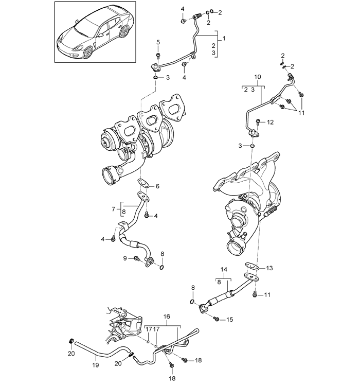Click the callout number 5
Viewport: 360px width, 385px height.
158,42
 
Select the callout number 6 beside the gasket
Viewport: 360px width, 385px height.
157,186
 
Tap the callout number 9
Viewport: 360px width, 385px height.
125,258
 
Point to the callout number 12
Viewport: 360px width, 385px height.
270,122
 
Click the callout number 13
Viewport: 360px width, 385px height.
269,268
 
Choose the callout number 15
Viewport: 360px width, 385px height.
230,320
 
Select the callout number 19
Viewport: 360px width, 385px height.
96,365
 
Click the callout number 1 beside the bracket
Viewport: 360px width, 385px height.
224,39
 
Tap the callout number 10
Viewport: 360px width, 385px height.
258,77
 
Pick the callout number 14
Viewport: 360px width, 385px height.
224,270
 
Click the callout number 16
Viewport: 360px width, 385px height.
167,317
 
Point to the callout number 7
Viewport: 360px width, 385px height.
113,209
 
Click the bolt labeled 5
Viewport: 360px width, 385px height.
158,56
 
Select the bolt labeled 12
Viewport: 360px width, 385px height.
258,122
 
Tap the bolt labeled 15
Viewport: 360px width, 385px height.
217,319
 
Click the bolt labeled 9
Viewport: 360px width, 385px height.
136,258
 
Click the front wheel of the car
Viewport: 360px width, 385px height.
87,52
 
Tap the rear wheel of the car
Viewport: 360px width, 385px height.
124,31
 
